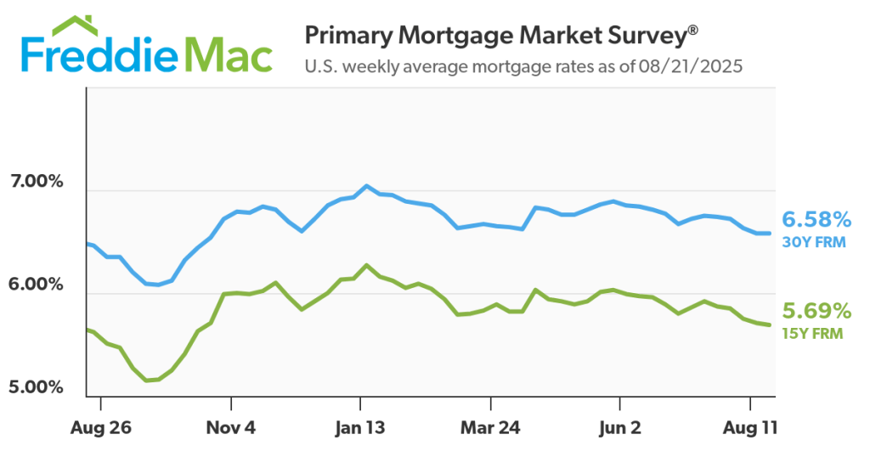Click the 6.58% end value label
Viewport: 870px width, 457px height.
point(816,220)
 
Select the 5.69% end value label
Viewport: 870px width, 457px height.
point(816,311)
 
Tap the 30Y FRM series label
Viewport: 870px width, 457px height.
point(812,243)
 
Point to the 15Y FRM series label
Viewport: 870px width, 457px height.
point(812,334)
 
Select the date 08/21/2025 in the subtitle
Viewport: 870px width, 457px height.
point(696,66)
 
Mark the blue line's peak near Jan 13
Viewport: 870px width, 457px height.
point(366,185)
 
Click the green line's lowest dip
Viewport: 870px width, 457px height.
point(148,380)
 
